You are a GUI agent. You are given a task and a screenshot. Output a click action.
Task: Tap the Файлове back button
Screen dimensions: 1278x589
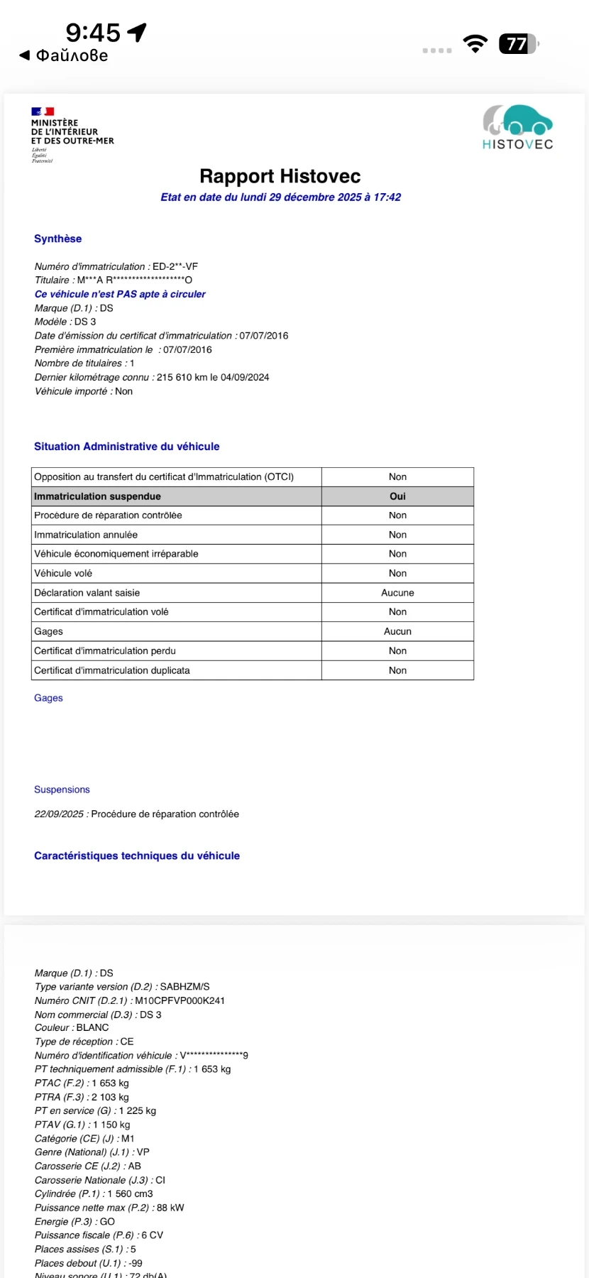(x=64, y=55)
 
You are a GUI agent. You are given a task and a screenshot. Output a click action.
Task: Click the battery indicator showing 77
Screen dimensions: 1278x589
(x=518, y=44)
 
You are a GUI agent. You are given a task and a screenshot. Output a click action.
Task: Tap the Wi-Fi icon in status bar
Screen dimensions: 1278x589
(x=475, y=44)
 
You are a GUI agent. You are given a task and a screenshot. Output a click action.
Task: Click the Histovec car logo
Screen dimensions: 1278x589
(x=518, y=121)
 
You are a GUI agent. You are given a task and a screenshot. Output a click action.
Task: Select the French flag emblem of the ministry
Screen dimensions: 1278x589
(x=43, y=111)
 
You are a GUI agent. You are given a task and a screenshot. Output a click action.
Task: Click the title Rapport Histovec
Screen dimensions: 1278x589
(x=280, y=176)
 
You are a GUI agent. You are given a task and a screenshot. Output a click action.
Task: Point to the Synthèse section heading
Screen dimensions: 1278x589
(x=57, y=239)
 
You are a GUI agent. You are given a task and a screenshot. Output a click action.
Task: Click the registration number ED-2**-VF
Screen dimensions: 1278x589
(x=175, y=266)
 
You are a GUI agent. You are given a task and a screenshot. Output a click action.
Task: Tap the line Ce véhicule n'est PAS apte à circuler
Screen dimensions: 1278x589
(x=120, y=294)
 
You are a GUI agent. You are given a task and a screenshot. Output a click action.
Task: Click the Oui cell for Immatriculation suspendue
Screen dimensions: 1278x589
(x=397, y=496)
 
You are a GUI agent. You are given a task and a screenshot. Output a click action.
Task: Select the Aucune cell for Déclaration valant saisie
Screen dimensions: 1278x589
(x=397, y=593)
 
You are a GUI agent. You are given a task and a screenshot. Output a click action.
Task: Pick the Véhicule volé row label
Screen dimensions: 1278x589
(x=63, y=573)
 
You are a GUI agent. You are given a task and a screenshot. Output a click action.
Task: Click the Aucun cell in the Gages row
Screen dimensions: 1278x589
(x=397, y=631)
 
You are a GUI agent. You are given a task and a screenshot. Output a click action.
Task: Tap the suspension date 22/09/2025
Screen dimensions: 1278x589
(x=59, y=814)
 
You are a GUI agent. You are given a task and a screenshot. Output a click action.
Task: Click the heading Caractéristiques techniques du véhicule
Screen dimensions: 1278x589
(x=137, y=856)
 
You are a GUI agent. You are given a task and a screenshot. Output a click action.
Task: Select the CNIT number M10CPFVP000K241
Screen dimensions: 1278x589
(x=180, y=1000)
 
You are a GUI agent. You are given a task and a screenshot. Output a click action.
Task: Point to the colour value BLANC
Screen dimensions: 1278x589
(x=93, y=1027)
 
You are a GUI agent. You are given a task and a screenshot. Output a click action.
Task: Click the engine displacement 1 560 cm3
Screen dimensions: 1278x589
(x=130, y=1194)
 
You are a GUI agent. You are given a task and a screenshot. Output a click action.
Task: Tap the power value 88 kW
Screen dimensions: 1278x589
(x=170, y=1207)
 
